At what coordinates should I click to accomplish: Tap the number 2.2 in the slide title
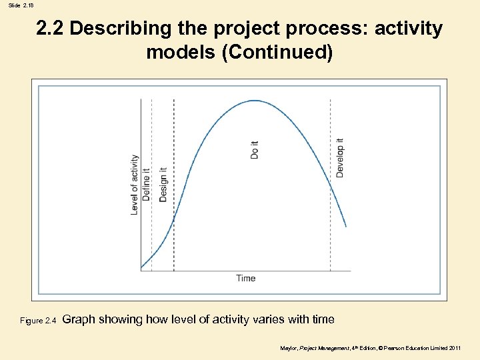pyautogui.click(x=50, y=29)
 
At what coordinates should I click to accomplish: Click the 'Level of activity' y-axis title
pyautogui.click(x=134, y=185)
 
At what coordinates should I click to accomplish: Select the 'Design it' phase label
pyautogui.click(x=163, y=183)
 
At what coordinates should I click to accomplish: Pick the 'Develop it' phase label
pyautogui.click(x=340, y=158)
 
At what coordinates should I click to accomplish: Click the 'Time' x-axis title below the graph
pyautogui.click(x=245, y=278)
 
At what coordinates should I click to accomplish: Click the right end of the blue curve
pyautogui.click(x=345, y=226)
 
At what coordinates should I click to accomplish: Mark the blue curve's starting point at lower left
pyautogui.click(x=141, y=268)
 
